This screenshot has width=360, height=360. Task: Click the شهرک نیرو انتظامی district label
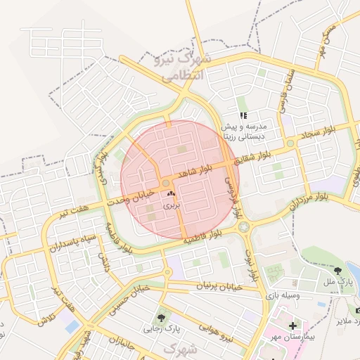(181, 67)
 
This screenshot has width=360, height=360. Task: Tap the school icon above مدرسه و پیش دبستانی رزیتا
(243, 115)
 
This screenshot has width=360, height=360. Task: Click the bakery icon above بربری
(172, 193)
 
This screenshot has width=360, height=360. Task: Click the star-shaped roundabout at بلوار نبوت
(243, 227)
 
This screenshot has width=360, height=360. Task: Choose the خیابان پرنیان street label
(218, 286)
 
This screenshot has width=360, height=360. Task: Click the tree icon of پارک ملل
(339, 269)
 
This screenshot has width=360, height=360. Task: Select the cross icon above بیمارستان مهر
(292, 326)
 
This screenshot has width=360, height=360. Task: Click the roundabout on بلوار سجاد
(290, 143)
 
